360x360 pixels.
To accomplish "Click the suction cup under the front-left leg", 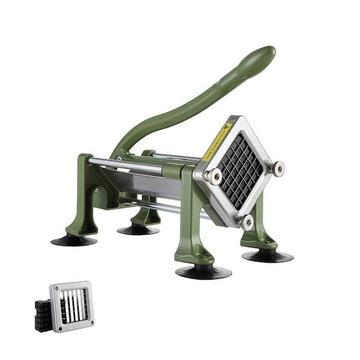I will [74, 240].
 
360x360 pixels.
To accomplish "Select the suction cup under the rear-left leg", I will [138, 229].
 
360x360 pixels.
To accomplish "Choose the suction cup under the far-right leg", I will [268, 256].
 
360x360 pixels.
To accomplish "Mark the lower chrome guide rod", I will [156, 206].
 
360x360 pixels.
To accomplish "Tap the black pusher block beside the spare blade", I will [43, 314].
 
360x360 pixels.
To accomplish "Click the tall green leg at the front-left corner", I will [81, 198].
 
